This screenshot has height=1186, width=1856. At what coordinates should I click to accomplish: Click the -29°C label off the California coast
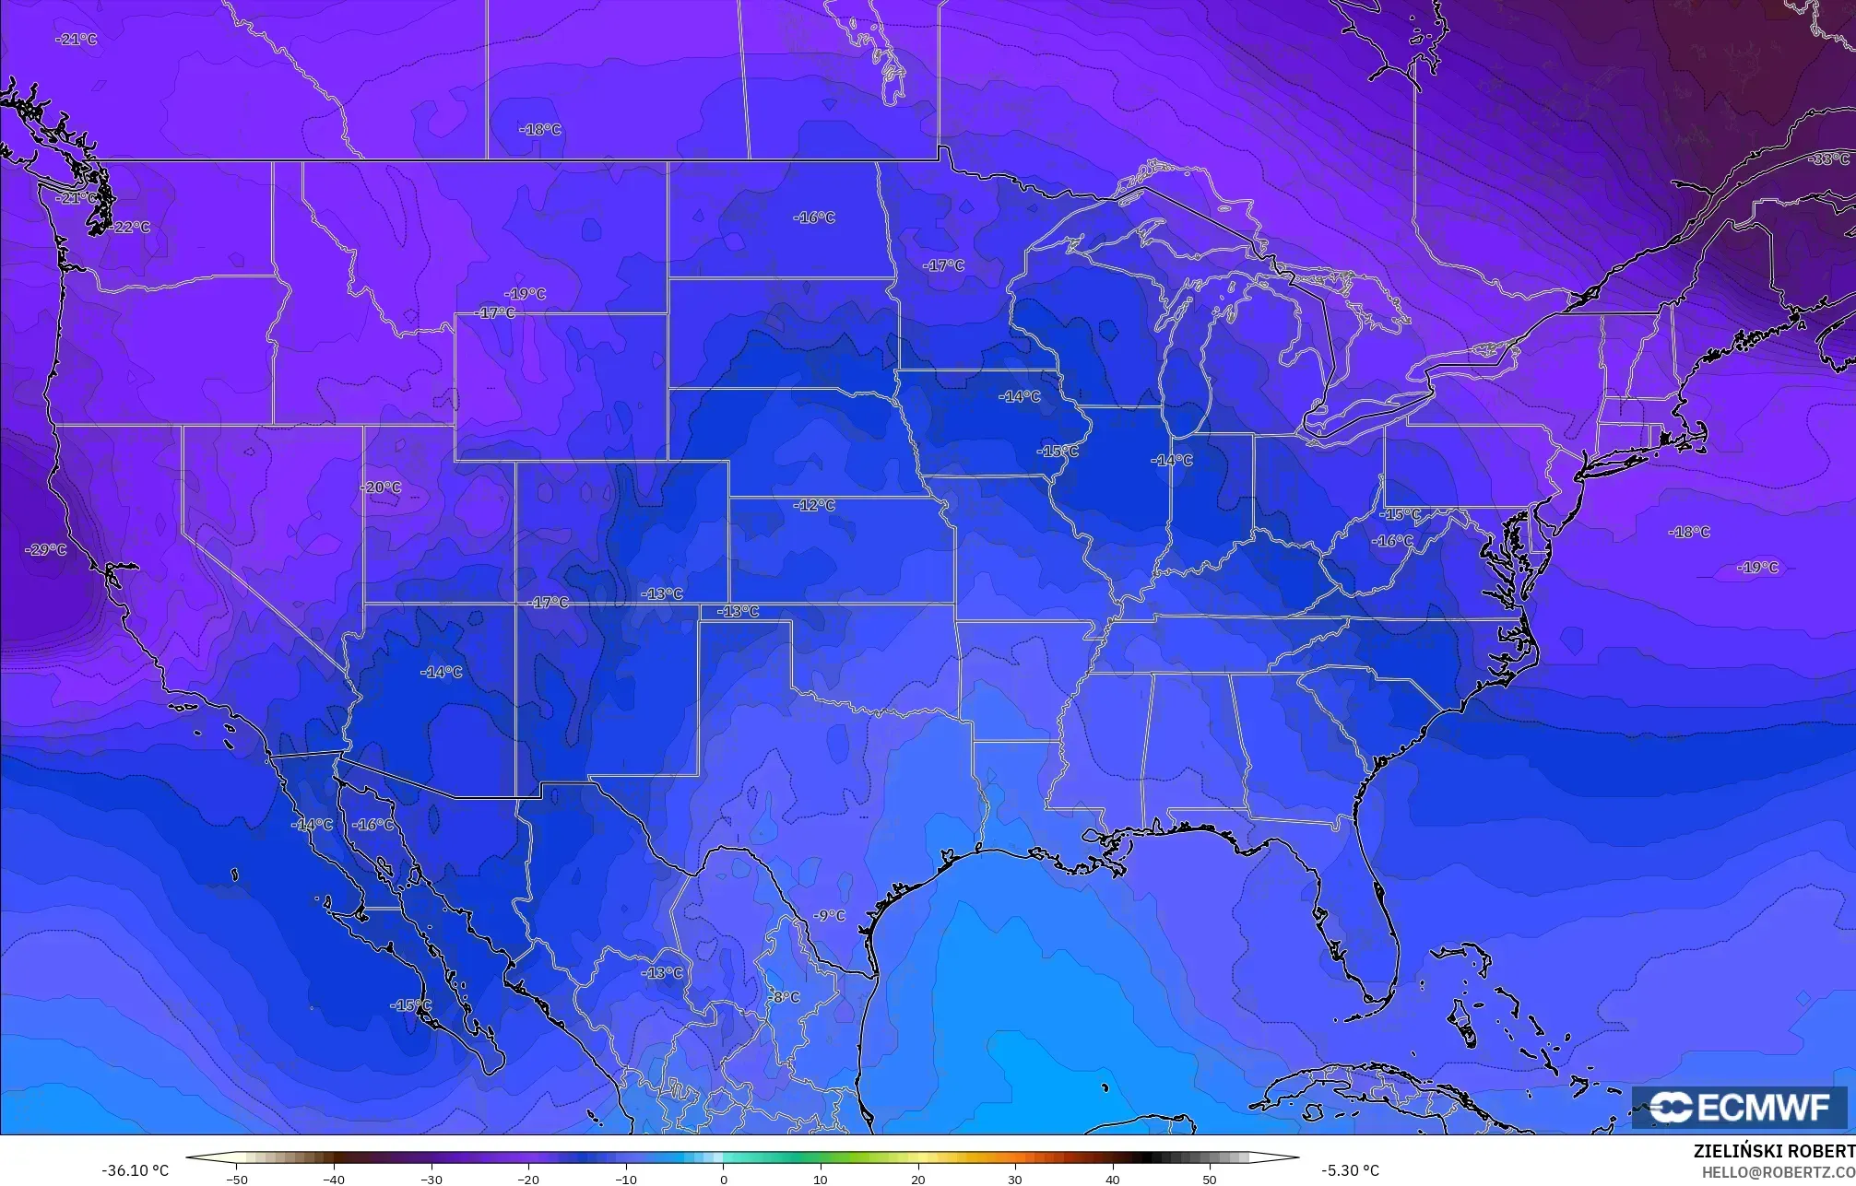pyautogui.click(x=46, y=550)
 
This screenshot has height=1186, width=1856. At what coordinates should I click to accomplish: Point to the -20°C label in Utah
pyautogui.click(x=380, y=487)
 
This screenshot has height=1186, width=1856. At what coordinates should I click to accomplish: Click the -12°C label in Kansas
pyautogui.click(x=814, y=506)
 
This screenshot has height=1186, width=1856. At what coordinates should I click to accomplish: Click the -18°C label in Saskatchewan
pyautogui.click(x=540, y=130)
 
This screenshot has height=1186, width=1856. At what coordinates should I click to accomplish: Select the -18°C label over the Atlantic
pyautogui.click(x=1689, y=532)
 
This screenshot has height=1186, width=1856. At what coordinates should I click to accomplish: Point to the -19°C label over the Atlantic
pyautogui.click(x=1757, y=568)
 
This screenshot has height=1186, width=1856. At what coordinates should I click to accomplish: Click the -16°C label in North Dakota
pyautogui.click(x=814, y=218)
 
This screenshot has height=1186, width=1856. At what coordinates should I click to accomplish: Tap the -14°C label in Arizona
pyautogui.click(x=442, y=672)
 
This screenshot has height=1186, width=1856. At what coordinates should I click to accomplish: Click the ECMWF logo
pyautogui.click(x=1739, y=1108)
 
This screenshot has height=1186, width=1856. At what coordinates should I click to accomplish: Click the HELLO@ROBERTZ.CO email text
pyautogui.click(x=1778, y=1172)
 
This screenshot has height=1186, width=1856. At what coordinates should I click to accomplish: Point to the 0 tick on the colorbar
pyautogui.click(x=724, y=1179)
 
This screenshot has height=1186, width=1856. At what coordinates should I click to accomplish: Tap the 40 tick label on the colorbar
pyautogui.click(x=1113, y=1179)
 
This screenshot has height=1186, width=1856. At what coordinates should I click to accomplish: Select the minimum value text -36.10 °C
pyautogui.click(x=136, y=1170)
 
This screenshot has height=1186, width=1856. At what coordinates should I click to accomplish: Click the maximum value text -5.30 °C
pyautogui.click(x=1350, y=1170)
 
